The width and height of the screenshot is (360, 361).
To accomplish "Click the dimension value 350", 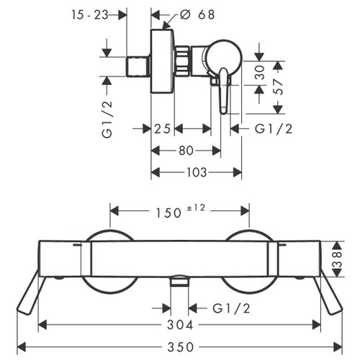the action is pyautogui.click(x=181, y=347).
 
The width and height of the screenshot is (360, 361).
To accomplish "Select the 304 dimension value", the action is pyautogui.click(x=180, y=325).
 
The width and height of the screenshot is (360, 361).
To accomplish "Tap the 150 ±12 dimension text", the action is pyautogui.click(x=181, y=211).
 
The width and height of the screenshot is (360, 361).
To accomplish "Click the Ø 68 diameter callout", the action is pyautogui.click(x=197, y=14).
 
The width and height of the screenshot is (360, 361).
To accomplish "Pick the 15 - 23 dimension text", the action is pyautogui.click(x=90, y=15).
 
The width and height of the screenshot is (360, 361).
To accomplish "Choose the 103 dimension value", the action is pyautogui.click(x=197, y=172).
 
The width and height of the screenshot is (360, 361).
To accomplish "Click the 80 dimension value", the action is pyautogui.click(x=186, y=151).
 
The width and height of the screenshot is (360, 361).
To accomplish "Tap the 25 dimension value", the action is pyautogui.click(x=162, y=129).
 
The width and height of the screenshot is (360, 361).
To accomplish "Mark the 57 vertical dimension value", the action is pyautogui.click(x=278, y=86).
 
